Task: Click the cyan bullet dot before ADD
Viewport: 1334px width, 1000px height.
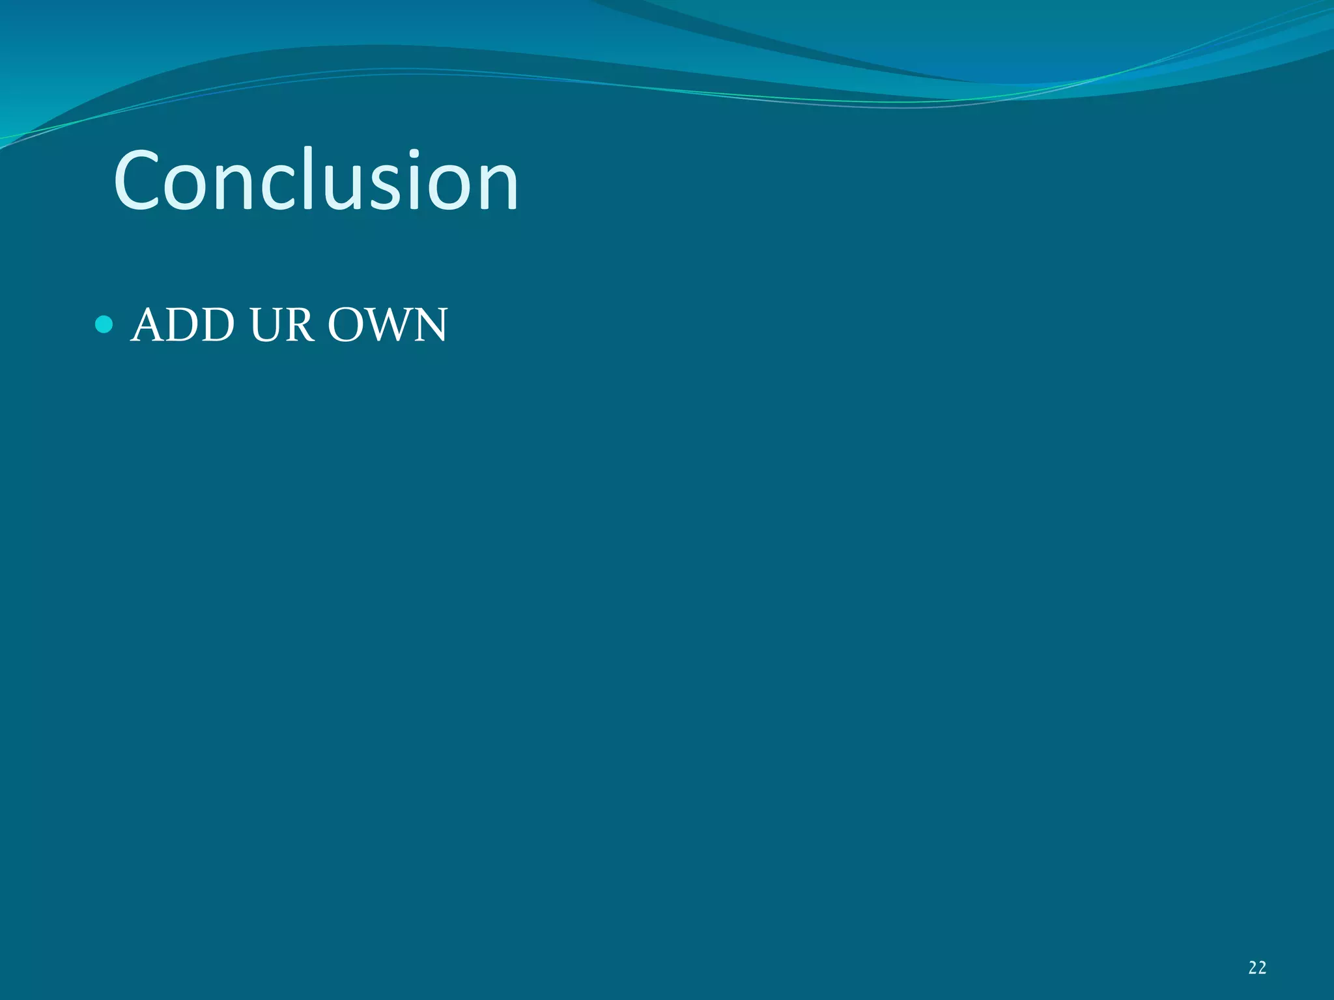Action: tap(104, 324)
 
